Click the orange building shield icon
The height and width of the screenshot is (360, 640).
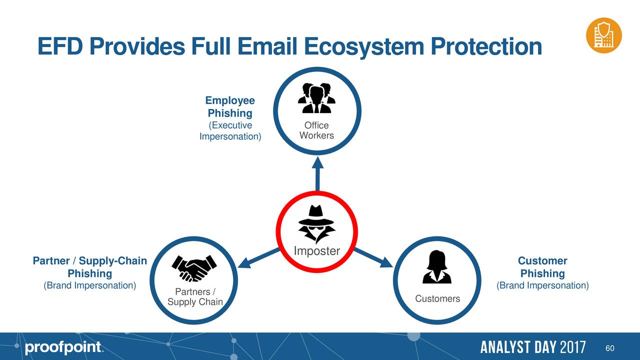pyautogui.click(x=604, y=35)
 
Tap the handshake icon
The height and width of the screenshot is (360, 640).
pyautogui.click(x=194, y=268)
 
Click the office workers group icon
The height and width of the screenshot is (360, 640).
pyautogui.click(x=316, y=98)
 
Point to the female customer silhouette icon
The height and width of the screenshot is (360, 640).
pyautogui.click(x=437, y=267)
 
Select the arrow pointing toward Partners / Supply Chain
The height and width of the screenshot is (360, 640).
pyautogui.click(x=260, y=256)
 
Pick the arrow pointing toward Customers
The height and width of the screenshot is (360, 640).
pyautogui.click(x=374, y=256)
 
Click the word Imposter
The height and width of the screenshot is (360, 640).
pyautogui.click(x=317, y=251)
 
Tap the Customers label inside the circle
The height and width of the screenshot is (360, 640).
pyautogui.click(x=437, y=299)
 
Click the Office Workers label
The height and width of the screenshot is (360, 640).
pyautogui.click(x=316, y=130)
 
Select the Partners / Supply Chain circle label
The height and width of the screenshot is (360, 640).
pyautogui.click(x=195, y=297)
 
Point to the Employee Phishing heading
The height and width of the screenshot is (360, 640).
pyautogui.click(x=230, y=107)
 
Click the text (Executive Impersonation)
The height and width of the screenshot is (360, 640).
pyautogui.click(x=230, y=131)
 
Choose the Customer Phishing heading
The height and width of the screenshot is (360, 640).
pyautogui.click(x=542, y=267)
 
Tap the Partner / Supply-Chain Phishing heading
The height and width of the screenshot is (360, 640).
pyautogui.click(x=90, y=267)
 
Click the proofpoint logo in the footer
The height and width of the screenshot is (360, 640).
pyautogui.click(x=63, y=348)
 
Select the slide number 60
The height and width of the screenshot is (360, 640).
pyautogui.click(x=609, y=348)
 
